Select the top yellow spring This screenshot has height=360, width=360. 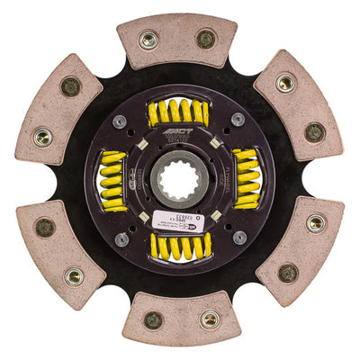pos(179,113)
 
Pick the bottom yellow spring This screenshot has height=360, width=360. pos(180,245)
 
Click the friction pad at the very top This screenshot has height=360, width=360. pos(177,40)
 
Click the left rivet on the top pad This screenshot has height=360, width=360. pos(148,40)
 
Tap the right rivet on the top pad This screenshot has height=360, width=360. pos(206,39)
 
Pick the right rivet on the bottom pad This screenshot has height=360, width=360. pos(209,319)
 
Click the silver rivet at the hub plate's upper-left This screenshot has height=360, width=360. pos(120,120)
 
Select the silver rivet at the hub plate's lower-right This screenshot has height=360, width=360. pos(238,238)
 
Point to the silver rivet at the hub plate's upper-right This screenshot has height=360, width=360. pos(238,119)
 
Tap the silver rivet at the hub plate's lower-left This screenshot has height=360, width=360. pos(121,239)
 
